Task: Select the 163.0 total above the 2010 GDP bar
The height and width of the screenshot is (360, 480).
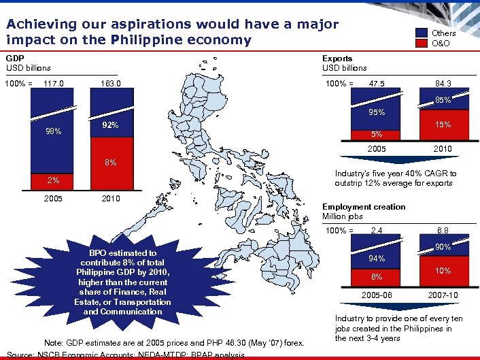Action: [110, 84]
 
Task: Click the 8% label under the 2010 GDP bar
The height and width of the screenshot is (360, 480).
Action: [110, 163]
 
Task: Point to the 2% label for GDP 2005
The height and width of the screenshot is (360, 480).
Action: [53, 180]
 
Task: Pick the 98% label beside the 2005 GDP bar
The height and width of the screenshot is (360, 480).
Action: [53, 131]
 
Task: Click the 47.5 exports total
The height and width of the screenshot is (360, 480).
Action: [377, 84]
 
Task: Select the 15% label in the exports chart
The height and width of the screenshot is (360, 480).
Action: [443, 125]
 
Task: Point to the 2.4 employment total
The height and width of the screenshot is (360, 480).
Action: [377, 231]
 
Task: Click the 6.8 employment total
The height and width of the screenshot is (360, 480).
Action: [443, 231]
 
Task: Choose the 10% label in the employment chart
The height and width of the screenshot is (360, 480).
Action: [443, 271]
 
